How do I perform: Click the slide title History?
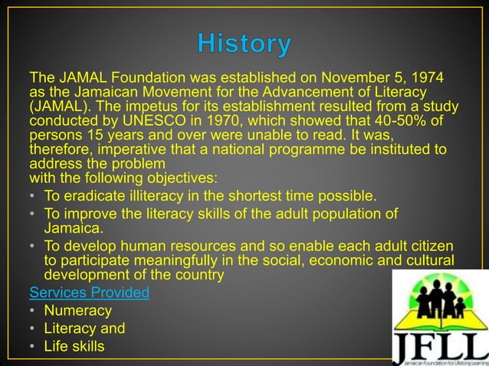[244, 44]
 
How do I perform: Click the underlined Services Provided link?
[89, 292]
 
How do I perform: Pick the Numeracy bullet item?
[77, 311]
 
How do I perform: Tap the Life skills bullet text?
[74, 348]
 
